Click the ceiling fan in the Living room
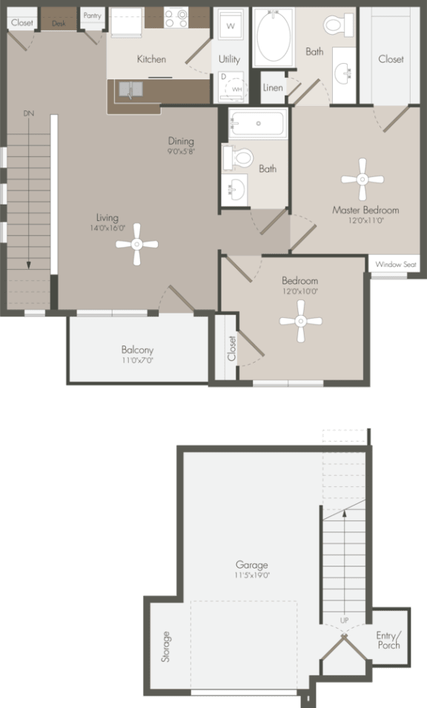tap(137, 245)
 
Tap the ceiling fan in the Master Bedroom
tap(363, 178)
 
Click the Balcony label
tap(138, 350)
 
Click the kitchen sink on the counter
tap(130, 90)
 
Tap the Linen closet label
tap(273, 87)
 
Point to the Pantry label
tap(93, 15)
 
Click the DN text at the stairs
tap(29, 113)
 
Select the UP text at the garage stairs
tap(345, 620)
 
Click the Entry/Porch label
tap(388, 641)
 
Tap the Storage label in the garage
tap(166, 646)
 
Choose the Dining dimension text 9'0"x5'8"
tap(180, 153)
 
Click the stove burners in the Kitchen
tap(176, 19)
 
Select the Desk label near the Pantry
tap(59, 24)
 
